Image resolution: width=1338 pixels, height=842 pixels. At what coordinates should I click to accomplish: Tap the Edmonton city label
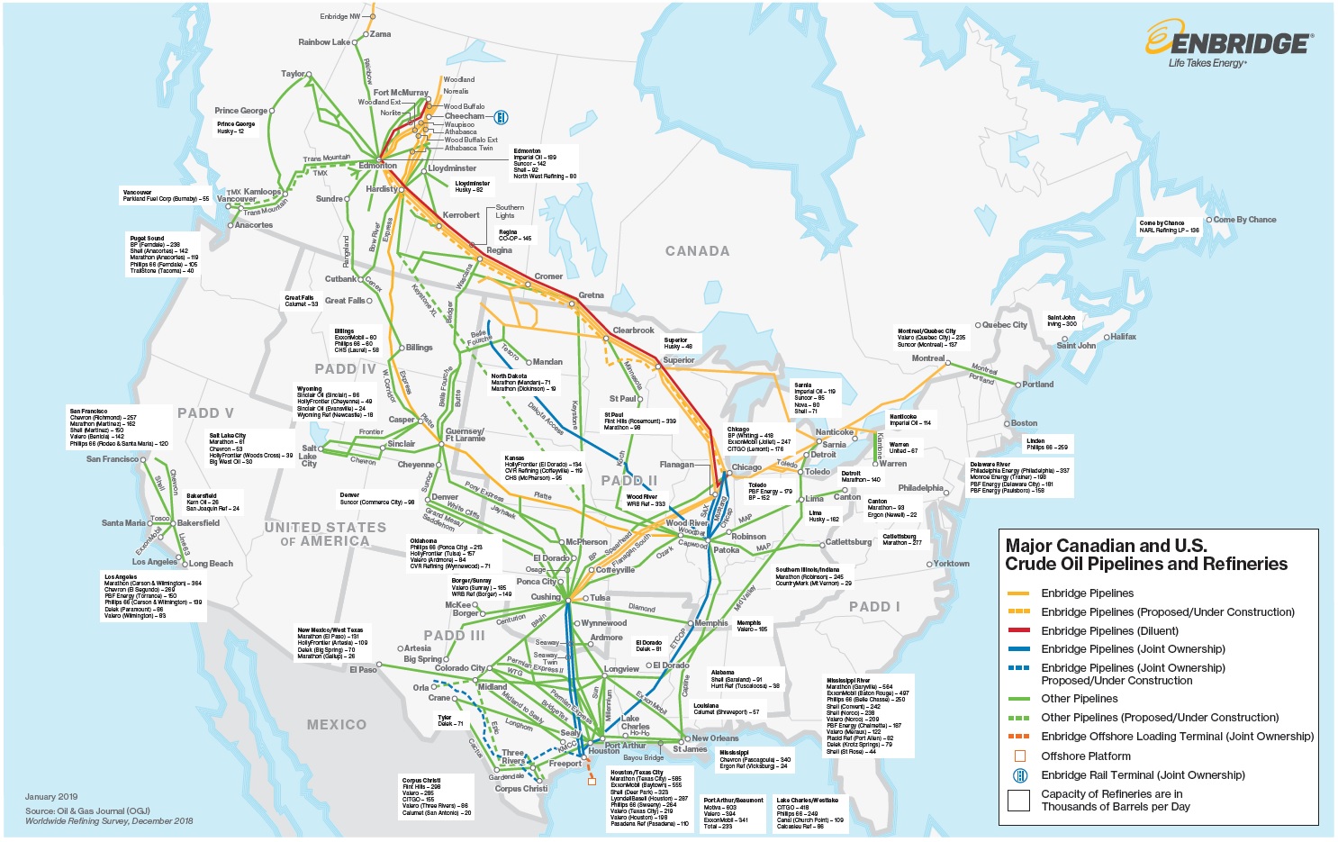378,166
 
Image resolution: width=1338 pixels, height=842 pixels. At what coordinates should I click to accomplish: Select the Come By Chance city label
1244,220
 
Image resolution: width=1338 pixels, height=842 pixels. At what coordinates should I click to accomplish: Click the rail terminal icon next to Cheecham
502,117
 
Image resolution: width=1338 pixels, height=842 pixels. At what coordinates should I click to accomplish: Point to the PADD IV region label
345,369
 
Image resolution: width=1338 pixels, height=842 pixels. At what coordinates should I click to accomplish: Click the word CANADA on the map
697,251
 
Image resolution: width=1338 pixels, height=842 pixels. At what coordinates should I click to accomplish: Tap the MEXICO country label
336,725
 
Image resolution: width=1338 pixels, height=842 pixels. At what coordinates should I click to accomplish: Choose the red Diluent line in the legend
1018,630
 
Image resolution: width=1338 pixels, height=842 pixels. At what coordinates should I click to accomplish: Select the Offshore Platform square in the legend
1019,756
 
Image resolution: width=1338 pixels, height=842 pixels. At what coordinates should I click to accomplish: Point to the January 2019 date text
51,797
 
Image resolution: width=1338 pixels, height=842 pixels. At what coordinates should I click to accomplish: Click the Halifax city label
1123,337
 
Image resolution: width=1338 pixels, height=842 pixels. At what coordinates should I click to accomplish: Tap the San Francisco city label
113,459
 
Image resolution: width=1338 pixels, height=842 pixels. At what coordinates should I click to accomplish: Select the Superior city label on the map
678,360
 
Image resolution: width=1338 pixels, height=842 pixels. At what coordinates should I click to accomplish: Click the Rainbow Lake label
324,42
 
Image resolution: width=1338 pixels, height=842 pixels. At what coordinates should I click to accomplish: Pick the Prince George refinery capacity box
236,128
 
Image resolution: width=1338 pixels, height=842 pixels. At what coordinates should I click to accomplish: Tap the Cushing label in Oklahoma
545,597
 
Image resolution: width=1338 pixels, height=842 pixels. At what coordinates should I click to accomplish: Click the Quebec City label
1004,325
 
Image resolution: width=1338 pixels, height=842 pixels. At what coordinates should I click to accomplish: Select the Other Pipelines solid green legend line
1018,699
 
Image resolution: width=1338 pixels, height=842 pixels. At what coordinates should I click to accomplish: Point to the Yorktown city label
951,564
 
